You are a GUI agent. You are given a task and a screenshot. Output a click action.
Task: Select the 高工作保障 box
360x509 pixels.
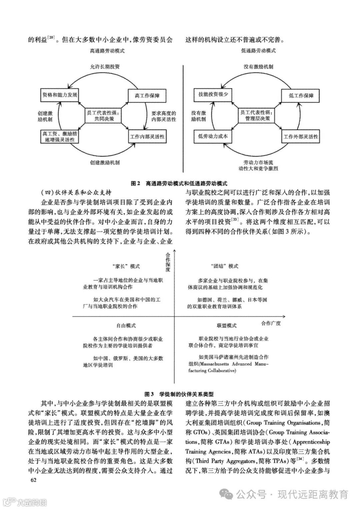pos(147,96)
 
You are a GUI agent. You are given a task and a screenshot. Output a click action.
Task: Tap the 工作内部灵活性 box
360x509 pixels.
pos(147,137)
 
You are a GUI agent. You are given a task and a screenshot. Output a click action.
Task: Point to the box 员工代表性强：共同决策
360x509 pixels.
pos(104,115)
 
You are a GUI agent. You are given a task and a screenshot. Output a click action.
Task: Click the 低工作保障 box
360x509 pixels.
pos(301,96)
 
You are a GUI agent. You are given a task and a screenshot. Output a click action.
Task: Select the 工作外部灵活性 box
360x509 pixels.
pos(301,137)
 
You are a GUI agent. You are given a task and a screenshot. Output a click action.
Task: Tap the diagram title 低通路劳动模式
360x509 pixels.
pos(258,51)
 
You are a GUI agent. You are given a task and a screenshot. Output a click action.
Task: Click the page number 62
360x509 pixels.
pos(33,480)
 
